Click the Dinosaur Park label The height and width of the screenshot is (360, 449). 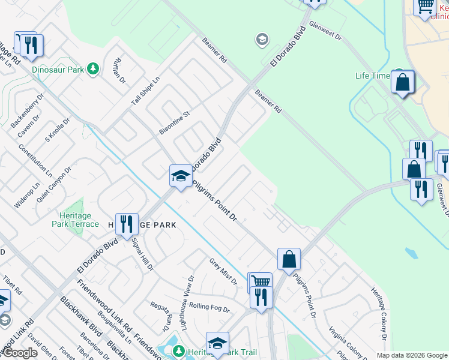pyautogui.click(x=58, y=70)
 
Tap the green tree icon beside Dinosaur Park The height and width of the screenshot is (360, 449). pyautogui.click(x=93, y=69)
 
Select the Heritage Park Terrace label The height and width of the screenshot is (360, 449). pyautogui.click(x=79, y=220)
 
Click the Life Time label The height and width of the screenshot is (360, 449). pyautogui.click(x=372, y=76)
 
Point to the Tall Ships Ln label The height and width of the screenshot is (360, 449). pyautogui.click(x=146, y=92)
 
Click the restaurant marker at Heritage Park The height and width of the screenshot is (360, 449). pyautogui.click(x=127, y=224)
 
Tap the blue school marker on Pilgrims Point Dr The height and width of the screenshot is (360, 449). pyautogui.click(x=180, y=175)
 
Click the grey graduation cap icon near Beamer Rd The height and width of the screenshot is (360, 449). pyautogui.click(x=261, y=40)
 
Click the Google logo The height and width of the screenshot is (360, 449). pyautogui.click(x=20, y=353)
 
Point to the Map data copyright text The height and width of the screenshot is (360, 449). pyautogui.click(x=411, y=355)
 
